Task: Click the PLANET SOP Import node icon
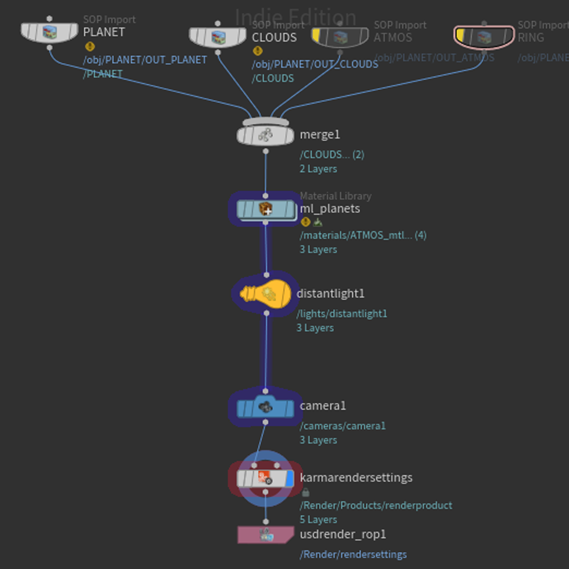(50, 32)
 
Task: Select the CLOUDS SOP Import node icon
(218, 37)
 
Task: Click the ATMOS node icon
(340, 37)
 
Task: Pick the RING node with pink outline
(484, 37)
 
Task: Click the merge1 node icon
(265, 135)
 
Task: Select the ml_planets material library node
(266, 209)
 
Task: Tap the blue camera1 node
(265, 407)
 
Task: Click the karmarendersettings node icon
(264, 478)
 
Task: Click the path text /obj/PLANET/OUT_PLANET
(145, 60)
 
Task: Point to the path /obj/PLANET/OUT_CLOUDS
(315, 64)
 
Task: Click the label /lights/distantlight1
(342, 314)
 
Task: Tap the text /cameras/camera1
(342, 426)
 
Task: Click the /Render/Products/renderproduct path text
(376, 505)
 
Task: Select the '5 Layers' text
(318, 519)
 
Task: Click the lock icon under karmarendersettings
(306, 493)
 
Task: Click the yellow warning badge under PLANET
(90, 46)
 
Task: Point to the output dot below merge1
(266, 151)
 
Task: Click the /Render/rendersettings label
(353, 554)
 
